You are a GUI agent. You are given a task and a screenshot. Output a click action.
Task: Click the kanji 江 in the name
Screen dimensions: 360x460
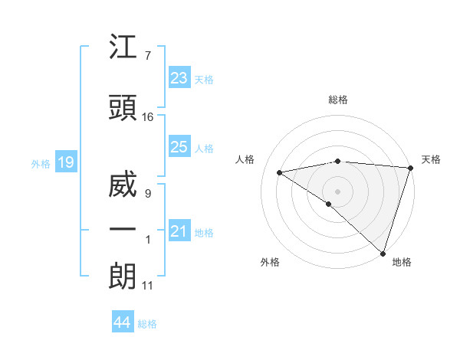123,49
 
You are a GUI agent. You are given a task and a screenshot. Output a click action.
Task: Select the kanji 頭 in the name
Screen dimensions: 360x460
123,107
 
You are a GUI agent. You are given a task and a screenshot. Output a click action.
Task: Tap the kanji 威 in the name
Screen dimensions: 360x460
123,186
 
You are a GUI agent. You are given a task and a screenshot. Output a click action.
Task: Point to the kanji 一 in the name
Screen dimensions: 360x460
123,230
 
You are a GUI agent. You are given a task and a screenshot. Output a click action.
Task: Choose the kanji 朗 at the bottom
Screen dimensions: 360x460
123,277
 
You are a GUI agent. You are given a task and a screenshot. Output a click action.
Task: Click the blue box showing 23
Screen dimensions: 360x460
179,78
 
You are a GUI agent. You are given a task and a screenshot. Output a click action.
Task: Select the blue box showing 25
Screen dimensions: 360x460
179,147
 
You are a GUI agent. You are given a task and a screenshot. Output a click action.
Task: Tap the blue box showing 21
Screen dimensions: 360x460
179,231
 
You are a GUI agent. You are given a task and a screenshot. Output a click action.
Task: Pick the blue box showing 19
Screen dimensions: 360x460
65,162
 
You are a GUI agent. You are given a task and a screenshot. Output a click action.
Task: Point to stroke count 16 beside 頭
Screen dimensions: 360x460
148,117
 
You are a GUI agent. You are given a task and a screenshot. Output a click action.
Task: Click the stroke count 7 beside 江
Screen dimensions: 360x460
147,55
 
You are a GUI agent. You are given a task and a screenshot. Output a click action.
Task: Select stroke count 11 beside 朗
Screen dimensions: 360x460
148,286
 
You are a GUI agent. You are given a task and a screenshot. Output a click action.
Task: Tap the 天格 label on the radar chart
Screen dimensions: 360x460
431,159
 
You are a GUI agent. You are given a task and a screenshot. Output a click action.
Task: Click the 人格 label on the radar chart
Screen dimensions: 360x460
245,159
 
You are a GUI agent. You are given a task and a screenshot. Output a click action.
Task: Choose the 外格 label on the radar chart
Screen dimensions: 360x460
270,262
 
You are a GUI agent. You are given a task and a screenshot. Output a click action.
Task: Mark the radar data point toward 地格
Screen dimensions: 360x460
383,253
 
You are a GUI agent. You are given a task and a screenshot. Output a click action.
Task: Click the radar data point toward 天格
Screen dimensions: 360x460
410,167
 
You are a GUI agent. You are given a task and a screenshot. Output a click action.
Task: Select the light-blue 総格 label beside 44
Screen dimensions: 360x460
147,324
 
